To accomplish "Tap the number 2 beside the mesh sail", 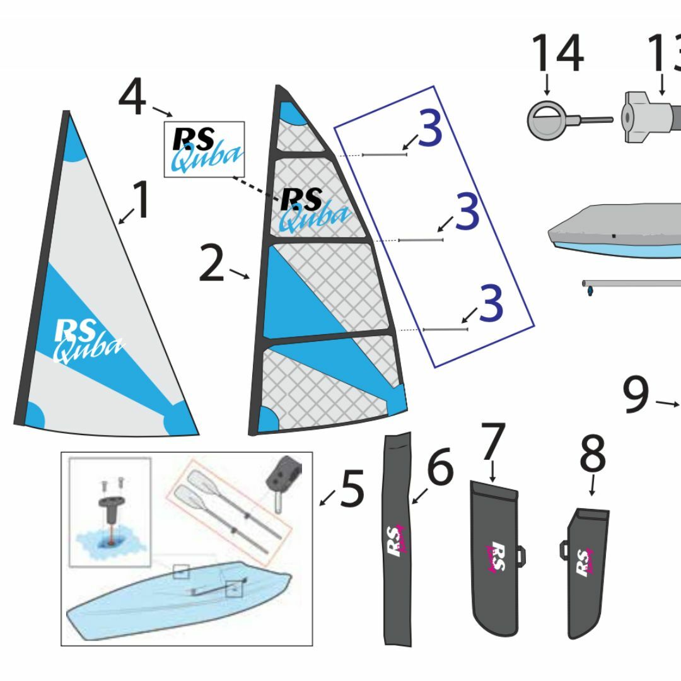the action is coord(212,265).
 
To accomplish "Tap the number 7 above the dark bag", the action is coord(492,442).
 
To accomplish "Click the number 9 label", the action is coord(636,395).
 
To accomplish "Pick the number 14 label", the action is coord(557,54).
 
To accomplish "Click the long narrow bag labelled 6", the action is coord(397,539).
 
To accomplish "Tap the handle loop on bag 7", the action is coord(521,554).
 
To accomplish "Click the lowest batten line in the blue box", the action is coord(445,329).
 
